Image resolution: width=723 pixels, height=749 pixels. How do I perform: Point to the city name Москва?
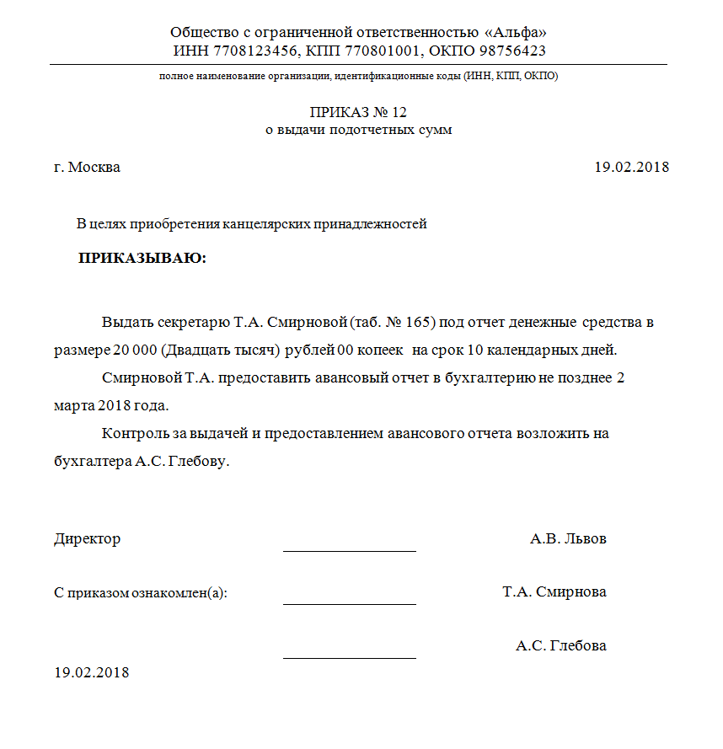[x=94, y=167]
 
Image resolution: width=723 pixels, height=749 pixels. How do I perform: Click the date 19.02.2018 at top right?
[x=631, y=167]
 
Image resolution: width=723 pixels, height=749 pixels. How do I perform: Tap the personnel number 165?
[x=419, y=323]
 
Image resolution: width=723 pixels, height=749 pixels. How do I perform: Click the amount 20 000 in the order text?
[x=133, y=350]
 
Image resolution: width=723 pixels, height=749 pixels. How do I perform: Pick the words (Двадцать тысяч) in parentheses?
[x=220, y=350]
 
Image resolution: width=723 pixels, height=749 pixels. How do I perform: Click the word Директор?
[x=87, y=539]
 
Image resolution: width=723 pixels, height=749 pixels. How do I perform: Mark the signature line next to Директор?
[x=350, y=550]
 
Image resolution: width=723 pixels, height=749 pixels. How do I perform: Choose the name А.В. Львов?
[x=568, y=539]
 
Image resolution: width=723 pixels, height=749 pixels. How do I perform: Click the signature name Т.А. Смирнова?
[x=554, y=591]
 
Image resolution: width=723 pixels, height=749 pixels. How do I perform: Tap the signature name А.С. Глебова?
[x=561, y=646]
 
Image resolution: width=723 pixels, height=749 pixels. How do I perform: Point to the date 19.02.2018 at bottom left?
[x=92, y=672]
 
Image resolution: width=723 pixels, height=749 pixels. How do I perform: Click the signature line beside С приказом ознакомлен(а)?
[x=350, y=603]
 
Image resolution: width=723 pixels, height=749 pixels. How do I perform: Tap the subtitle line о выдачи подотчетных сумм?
[x=359, y=131]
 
